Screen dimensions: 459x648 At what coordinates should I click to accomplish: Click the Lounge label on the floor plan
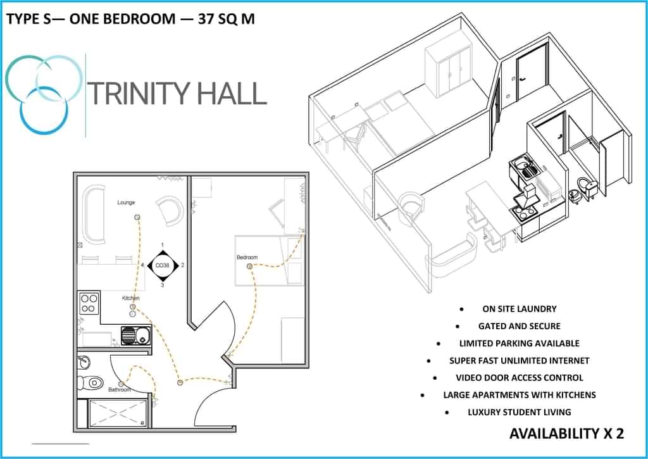[126, 203]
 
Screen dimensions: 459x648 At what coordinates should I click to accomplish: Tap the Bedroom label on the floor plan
[247, 257]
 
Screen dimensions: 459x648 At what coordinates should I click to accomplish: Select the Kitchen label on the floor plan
[131, 298]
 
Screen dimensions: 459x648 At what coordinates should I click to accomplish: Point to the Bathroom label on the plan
[119, 389]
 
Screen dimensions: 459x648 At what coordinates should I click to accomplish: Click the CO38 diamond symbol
[163, 265]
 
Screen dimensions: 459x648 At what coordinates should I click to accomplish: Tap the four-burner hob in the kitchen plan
[89, 304]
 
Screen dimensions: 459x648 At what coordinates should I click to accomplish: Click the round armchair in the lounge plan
[170, 210]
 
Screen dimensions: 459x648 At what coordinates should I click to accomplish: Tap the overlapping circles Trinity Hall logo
[43, 94]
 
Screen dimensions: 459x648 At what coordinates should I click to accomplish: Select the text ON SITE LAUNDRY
[519, 309]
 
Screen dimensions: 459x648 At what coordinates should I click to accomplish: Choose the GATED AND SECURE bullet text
[519, 326]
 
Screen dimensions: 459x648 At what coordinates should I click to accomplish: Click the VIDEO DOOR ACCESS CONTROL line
[519, 377]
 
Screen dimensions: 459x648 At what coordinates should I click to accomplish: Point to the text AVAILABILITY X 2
[566, 434]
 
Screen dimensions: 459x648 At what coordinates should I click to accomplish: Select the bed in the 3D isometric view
[399, 123]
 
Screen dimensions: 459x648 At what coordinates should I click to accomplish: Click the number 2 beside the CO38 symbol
[182, 265]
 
